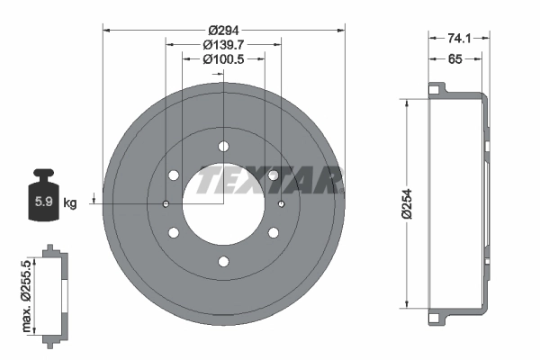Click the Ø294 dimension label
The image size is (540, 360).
pyautogui.click(x=223, y=31)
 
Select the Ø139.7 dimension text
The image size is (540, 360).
pyautogui.click(x=223, y=45)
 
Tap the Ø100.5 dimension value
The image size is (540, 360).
pyautogui.click(x=223, y=59)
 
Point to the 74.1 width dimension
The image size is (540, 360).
pyautogui.click(x=459, y=38)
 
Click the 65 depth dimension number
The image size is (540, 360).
pyautogui.click(x=454, y=59)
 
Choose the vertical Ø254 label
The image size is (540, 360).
pyautogui.click(x=407, y=203)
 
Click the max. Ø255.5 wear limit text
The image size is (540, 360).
pyautogui.click(x=26, y=296)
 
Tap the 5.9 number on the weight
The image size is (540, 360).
pyautogui.click(x=43, y=202)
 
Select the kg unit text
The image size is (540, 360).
pyautogui.click(x=70, y=203)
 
